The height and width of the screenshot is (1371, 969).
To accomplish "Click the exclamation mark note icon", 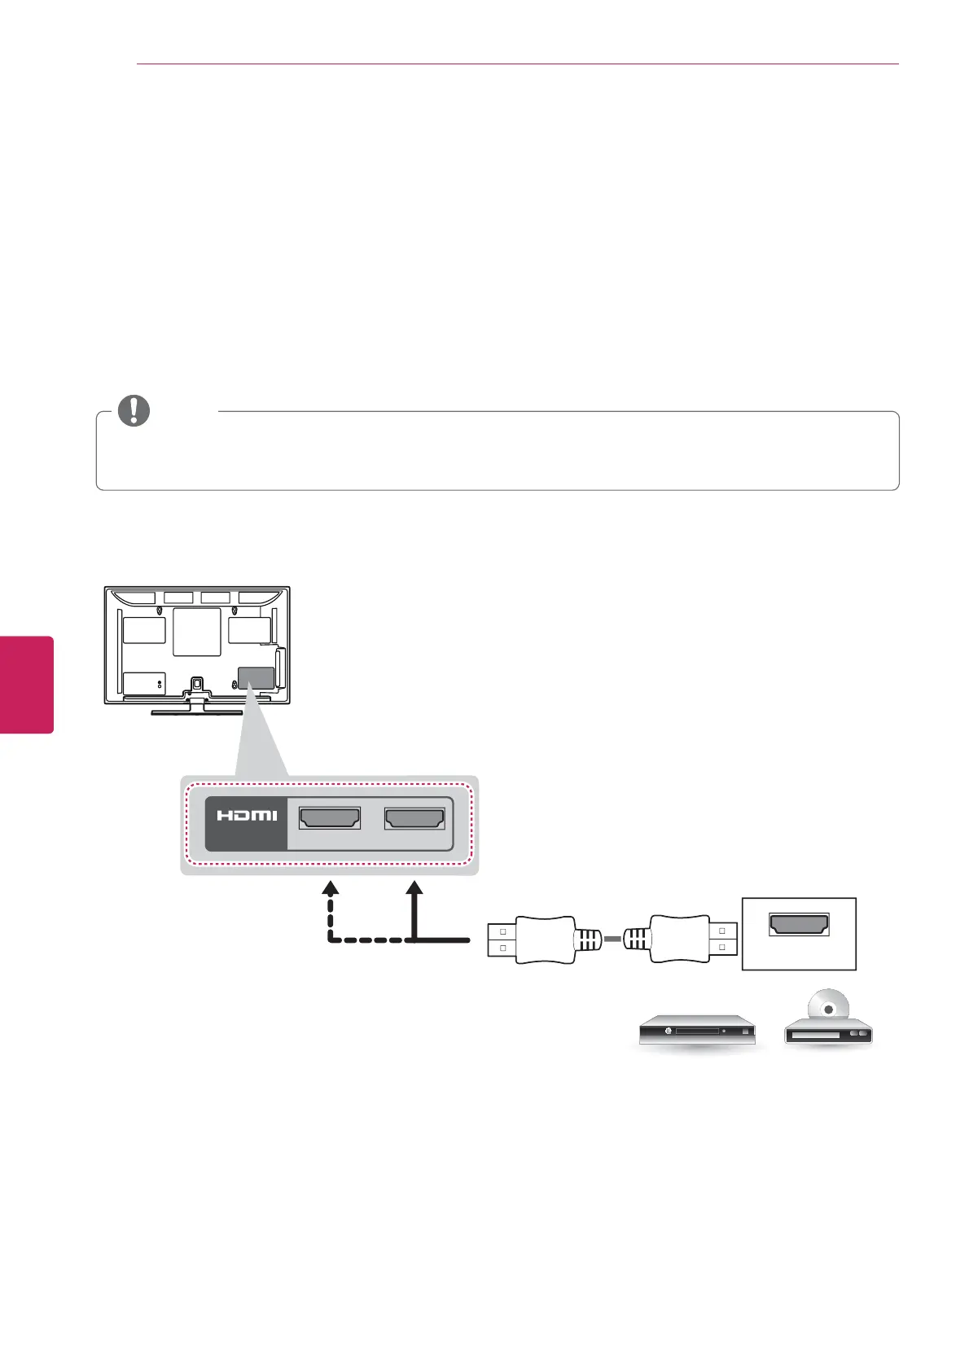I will pos(134,410).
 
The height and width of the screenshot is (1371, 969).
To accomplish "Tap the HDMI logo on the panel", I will pos(247,815).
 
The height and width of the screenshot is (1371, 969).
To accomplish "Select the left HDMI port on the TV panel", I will pos(330,818).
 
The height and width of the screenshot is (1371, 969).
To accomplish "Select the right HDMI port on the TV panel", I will pos(414,818).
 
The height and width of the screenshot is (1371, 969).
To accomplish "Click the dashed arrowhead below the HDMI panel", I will pos(330,888).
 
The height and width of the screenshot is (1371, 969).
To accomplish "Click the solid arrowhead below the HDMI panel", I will pos(415,888).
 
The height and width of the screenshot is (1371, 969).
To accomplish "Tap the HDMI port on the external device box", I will pos(799,924).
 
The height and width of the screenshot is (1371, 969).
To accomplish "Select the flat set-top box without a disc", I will pos(697,1032).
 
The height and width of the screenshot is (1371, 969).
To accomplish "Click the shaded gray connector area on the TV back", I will pos(255,677).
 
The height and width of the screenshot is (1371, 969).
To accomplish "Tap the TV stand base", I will pos(197,711).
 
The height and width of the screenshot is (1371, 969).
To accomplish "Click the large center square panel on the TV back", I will pos(197,633).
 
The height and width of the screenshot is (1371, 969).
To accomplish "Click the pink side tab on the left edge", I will pos(27,685).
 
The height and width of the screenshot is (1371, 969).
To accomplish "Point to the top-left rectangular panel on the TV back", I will pos(144,630).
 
